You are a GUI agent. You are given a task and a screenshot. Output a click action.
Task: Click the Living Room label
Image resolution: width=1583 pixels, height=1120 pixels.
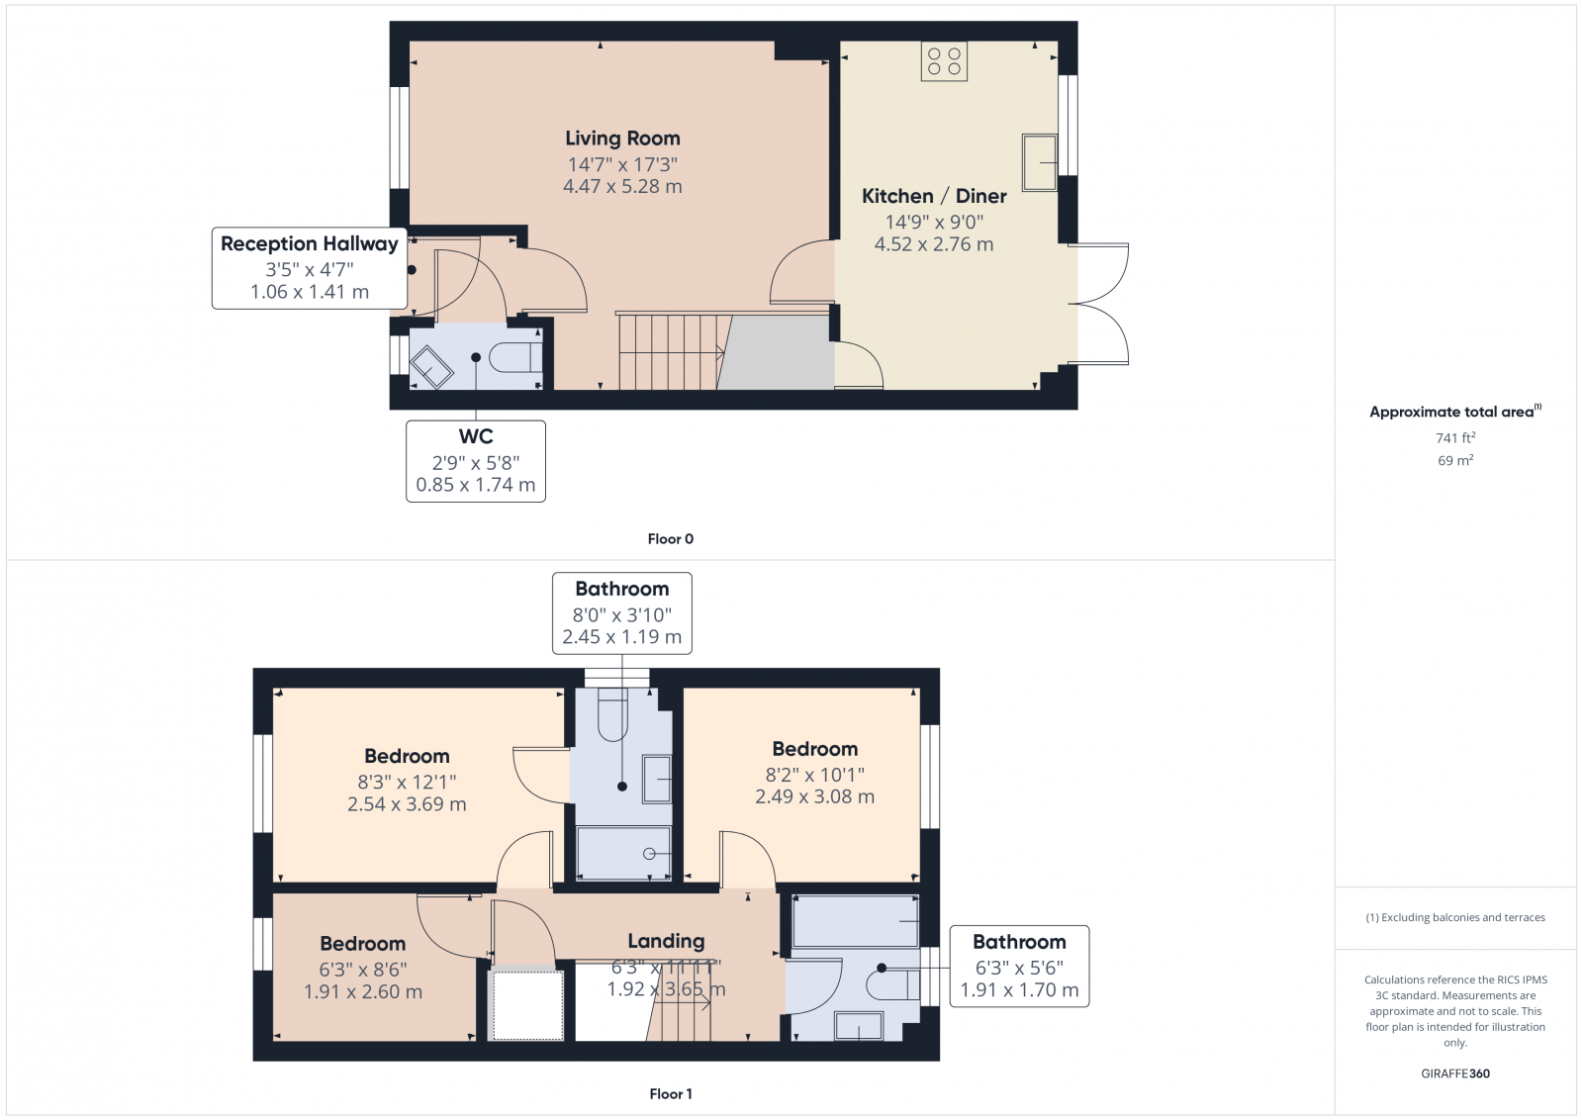pyautogui.click(x=622, y=139)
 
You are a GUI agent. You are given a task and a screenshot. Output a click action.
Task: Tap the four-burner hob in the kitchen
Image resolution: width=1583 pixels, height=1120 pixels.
pyautogui.click(x=944, y=61)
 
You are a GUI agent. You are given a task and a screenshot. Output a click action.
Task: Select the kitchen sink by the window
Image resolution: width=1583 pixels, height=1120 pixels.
pyautogui.click(x=1039, y=162)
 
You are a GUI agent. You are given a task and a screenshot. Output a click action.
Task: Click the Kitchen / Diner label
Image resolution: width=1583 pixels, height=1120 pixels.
pyautogui.click(x=934, y=196)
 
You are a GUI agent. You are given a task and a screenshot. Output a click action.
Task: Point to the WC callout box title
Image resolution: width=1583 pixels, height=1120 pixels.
pyautogui.click(x=475, y=436)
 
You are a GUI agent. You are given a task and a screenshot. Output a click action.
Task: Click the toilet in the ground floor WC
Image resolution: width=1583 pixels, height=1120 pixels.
pyautogui.click(x=514, y=357)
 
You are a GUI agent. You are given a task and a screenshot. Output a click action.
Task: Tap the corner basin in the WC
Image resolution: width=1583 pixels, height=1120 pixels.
pyautogui.click(x=431, y=366)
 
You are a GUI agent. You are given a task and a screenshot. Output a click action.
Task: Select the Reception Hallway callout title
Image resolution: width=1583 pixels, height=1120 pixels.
pyautogui.click(x=309, y=243)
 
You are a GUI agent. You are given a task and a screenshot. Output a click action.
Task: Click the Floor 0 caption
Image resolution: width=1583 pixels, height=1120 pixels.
pyautogui.click(x=670, y=539)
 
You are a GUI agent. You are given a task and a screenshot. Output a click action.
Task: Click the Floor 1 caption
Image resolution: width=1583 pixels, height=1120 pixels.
pyautogui.click(x=670, y=1093)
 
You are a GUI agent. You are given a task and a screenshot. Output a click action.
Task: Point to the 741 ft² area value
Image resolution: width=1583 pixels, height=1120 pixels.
pyautogui.click(x=1454, y=437)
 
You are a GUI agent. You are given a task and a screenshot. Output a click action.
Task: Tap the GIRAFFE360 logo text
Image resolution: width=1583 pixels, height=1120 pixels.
pyautogui.click(x=1454, y=1073)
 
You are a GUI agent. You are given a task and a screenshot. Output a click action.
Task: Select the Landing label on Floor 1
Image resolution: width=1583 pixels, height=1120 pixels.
pyautogui.click(x=666, y=941)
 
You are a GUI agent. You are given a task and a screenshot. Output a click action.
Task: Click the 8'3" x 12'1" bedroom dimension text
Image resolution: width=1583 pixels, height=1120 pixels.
pyautogui.click(x=407, y=782)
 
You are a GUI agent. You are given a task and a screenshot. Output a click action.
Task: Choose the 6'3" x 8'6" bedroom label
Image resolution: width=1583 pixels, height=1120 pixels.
pyautogui.click(x=362, y=944)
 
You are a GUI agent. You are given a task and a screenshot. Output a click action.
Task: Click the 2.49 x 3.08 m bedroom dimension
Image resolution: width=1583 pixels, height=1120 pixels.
pyautogui.click(x=814, y=796)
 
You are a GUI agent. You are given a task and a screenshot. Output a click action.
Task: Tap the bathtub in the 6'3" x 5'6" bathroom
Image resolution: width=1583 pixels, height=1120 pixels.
pyautogui.click(x=856, y=921)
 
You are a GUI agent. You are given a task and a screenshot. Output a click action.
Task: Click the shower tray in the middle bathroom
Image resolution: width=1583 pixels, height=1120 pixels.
pyautogui.click(x=623, y=853)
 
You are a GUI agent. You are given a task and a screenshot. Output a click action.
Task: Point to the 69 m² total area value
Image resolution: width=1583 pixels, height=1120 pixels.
pyautogui.click(x=1454, y=460)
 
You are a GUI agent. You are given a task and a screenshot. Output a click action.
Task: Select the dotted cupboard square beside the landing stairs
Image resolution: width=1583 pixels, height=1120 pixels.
pyautogui.click(x=527, y=1004)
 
